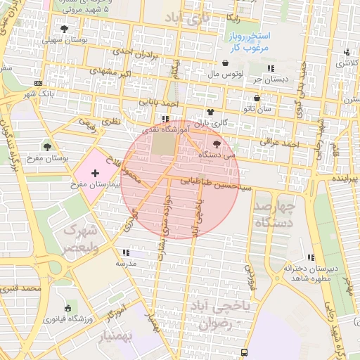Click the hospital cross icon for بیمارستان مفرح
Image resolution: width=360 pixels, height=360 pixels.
tap(96, 173)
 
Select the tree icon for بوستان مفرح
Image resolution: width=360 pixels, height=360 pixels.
tap(47, 146)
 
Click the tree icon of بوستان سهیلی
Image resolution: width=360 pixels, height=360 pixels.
tap(65, 30)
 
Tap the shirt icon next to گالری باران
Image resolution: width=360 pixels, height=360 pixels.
tap(209, 112)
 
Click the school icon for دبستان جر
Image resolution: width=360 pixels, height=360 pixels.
tap(270, 68)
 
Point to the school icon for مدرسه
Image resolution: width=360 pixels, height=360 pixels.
tap(126, 252)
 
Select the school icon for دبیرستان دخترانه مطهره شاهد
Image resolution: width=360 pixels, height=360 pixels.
tap(311, 257)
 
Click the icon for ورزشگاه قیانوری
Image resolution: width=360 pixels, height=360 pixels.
tap(67, 308)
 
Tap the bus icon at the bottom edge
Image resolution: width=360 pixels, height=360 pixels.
tap(244, 352)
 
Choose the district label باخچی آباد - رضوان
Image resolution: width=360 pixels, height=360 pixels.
tap(215, 316)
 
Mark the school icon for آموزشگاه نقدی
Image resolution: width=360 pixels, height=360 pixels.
tap(165, 120)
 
